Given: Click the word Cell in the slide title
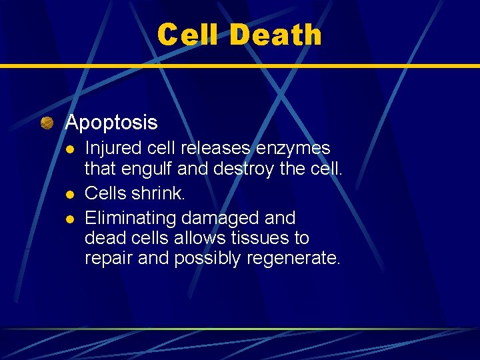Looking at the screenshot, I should [x=189, y=35].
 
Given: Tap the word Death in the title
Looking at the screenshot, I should [x=275, y=35].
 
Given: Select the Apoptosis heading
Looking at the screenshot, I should [x=111, y=123].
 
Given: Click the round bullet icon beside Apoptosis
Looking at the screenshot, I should [x=47, y=123].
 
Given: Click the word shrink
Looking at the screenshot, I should [x=160, y=193].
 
